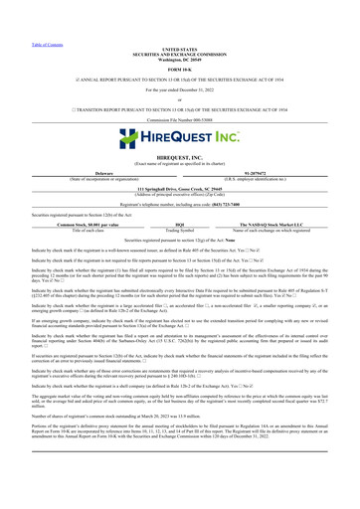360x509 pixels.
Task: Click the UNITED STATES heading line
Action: coord(179,20)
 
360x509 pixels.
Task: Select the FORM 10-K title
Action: coord(179,40)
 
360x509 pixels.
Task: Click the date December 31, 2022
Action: coord(179,61)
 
